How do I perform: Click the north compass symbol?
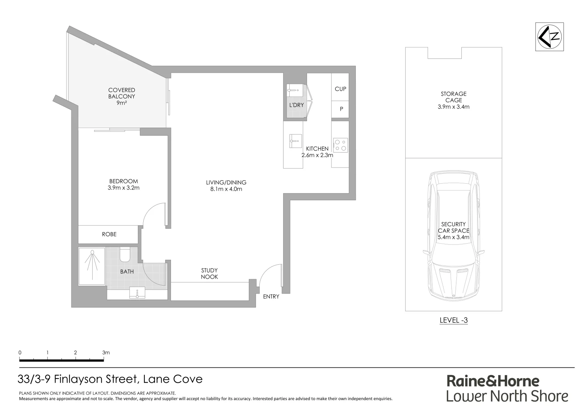[x=549, y=37]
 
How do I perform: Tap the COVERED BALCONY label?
[x=121, y=96]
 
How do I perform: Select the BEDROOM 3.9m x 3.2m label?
[x=123, y=184]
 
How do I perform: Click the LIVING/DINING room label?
[x=226, y=186]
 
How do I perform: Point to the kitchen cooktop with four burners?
[x=340, y=145]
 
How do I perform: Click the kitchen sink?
[x=295, y=141]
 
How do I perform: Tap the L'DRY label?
[x=297, y=105]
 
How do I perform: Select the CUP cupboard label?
[x=340, y=89]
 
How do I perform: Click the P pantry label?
[x=341, y=110]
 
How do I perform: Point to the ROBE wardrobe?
[x=109, y=234]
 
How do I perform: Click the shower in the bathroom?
[x=92, y=266]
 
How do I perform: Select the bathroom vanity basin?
[x=137, y=293]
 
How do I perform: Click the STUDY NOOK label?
[x=209, y=274]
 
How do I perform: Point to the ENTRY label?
[x=271, y=297]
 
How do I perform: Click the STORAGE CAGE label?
[x=453, y=100]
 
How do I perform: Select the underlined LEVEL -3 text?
[x=453, y=320]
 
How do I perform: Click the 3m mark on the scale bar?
[x=106, y=353]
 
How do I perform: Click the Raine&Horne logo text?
[x=492, y=381]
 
